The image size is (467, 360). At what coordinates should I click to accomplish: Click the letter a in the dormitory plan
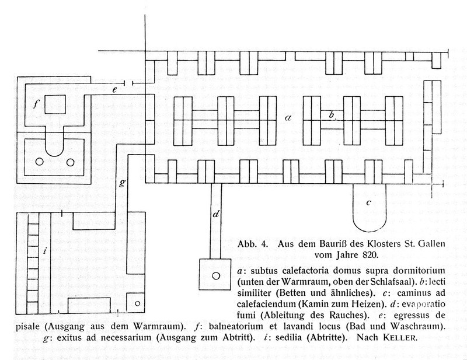(287, 117)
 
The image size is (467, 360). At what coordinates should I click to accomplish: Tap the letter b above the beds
(331, 115)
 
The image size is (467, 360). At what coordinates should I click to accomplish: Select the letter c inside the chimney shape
(369, 203)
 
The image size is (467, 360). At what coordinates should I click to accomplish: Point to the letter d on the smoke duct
(216, 215)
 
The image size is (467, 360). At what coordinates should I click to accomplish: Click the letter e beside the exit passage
(116, 90)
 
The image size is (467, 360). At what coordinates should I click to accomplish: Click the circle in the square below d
(215, 275)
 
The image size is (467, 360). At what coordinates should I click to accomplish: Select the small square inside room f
(56, 104)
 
